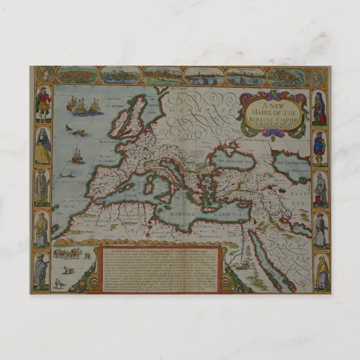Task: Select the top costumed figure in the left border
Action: click(42, 104)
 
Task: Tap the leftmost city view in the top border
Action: click(77, 75)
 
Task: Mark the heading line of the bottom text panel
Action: click(162, 250)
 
